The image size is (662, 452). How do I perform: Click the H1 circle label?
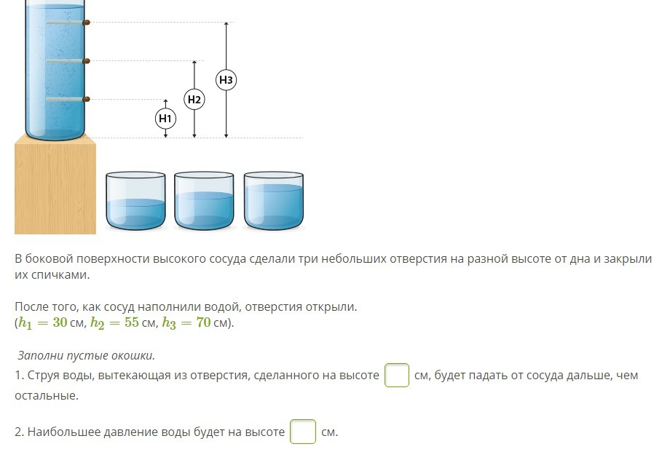165,118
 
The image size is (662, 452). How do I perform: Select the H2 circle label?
194,99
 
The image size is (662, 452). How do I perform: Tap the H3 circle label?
226,79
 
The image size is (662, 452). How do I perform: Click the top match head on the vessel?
86,23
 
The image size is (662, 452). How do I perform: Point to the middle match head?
86,61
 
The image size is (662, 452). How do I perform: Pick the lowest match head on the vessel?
86,99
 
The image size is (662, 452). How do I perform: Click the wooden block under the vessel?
55,187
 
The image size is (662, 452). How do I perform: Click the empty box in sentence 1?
397,376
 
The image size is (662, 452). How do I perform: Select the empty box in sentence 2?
303,432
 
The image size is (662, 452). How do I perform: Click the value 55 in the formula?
131,322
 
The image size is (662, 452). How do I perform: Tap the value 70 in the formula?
203,322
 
